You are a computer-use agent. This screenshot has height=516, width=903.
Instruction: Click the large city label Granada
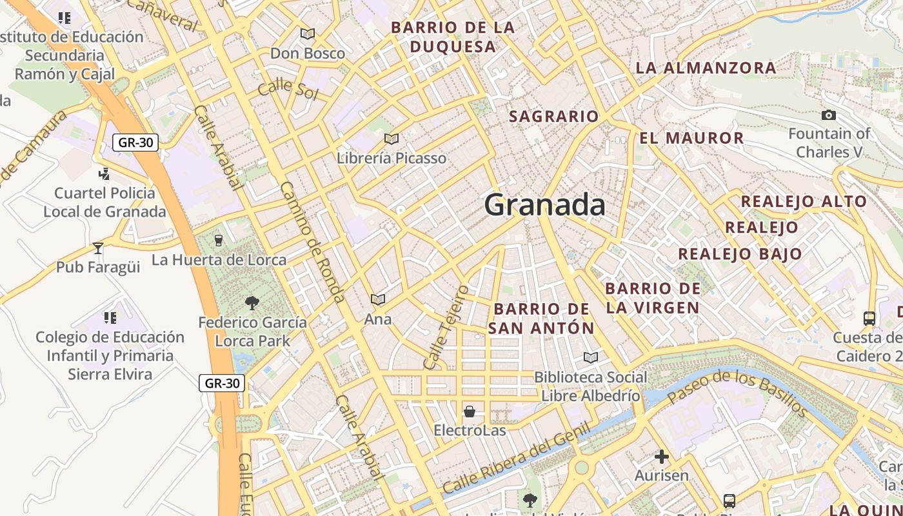click(x=544, y=205)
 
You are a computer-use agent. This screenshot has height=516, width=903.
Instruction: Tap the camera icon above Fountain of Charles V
click(x=829, y=115)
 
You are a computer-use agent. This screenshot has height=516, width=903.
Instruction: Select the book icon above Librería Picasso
click(x=391, y=139)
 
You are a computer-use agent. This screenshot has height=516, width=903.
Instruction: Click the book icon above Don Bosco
click(x=308, y=34)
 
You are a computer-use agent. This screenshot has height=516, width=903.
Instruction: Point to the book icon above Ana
click(x=377, y=300)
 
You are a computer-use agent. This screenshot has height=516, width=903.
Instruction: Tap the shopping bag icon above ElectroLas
click(x=470, y=412)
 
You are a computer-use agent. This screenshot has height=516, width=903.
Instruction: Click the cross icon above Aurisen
click(x=662, y=457)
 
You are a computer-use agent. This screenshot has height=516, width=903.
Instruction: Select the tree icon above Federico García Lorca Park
click(x=252, y=303)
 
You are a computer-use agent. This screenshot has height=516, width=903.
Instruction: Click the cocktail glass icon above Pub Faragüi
click(x=98, y=248)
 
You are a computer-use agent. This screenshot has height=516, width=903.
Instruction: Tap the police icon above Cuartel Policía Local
click(x=104, y=174)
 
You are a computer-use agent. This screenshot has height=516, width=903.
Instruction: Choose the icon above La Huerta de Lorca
click(x=219, y=241)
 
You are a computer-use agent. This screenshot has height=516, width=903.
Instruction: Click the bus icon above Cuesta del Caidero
click(x=869, y=318)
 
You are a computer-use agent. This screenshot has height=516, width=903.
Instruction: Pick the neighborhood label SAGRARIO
click(x=553, y=117)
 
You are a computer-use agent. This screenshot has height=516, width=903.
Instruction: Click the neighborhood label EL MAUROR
click(x=691, y=138)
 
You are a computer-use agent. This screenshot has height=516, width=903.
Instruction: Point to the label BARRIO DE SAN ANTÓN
click(x=541, y=318)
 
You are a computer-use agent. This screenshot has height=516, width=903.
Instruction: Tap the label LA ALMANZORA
click(x=706, y=68)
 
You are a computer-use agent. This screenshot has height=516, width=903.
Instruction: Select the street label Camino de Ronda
click(x=312, y=241)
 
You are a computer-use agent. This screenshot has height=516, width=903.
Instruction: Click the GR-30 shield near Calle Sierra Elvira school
click(x=221, y=383)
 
